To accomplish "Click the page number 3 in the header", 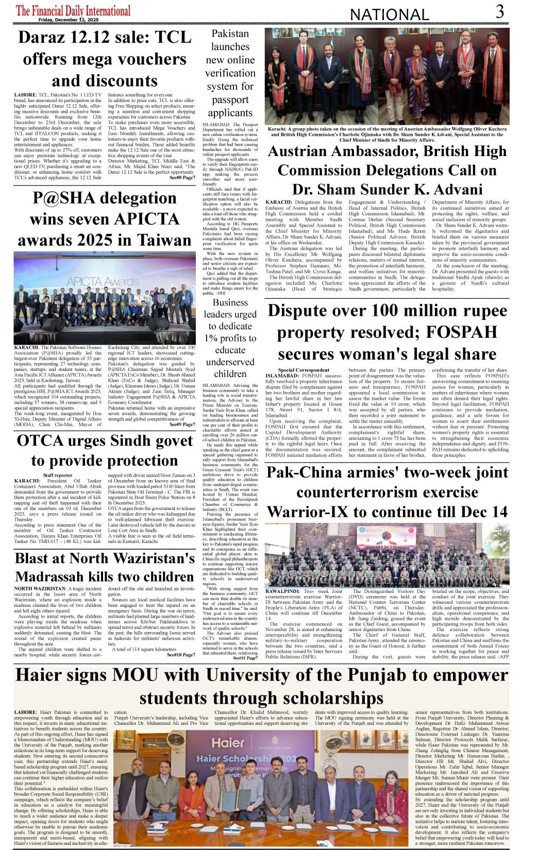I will [x=499, y=11].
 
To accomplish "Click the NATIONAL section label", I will [x=389, y=15].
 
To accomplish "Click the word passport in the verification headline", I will [x=230, y=99].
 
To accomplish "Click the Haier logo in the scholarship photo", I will [x=228, y=742].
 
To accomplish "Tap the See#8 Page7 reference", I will [x=182, y=178].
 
